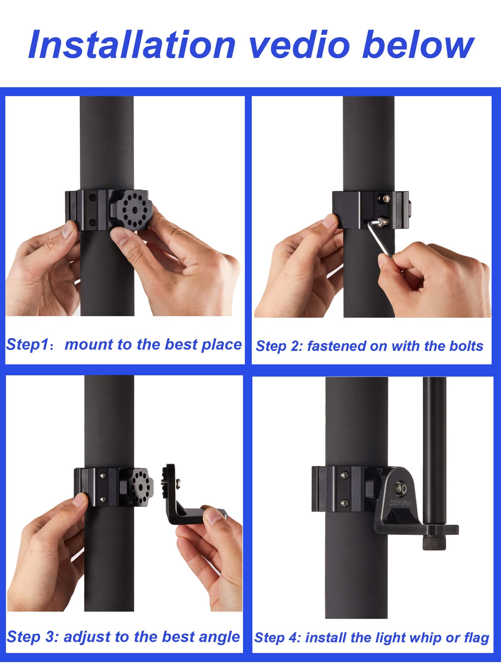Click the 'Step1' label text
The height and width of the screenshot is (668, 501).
pyautogui.click(x=28, y=345)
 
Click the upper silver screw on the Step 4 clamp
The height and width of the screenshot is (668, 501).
pyautogui.click(x=345, y=485)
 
